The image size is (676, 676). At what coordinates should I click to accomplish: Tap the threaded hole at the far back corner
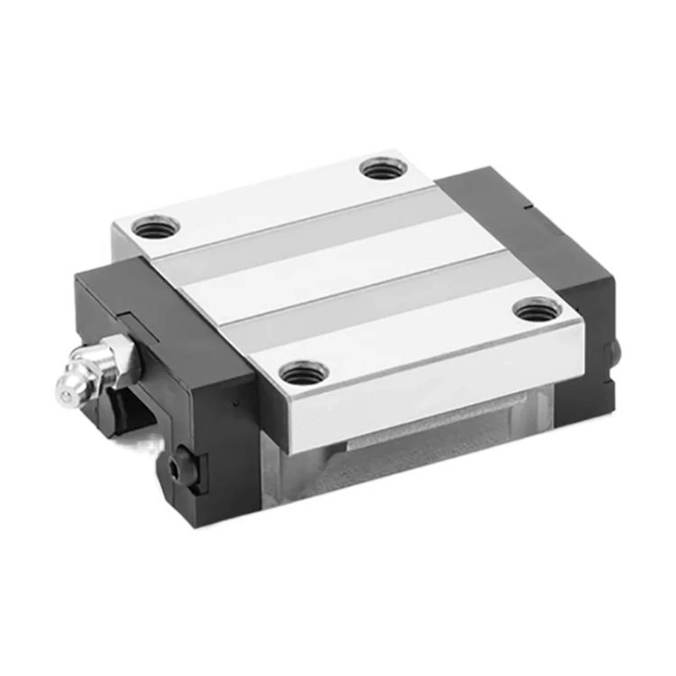[382, 168]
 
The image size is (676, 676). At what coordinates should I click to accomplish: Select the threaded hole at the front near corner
[304, 374]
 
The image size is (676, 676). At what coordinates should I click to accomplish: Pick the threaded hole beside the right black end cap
[537, 308]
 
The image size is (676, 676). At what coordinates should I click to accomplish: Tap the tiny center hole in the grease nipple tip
[65, 395]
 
